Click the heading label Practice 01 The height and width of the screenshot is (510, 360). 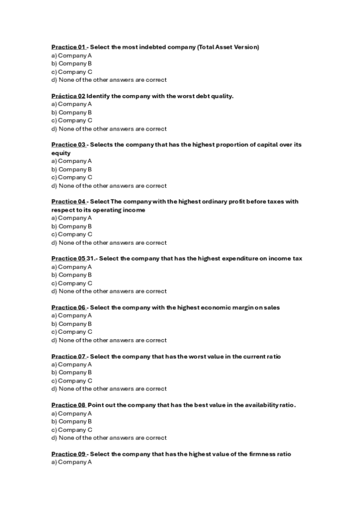coord(69,47)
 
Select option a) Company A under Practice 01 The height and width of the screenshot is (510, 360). coord(72,55)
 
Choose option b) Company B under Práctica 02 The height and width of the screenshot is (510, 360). coord(72,112)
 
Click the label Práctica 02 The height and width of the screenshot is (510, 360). coord(68,96)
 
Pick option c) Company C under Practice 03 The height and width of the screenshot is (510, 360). coord(72,177)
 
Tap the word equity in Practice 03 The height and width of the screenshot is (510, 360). coord(61,153)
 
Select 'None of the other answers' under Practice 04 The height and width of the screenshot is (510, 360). coord(109,243)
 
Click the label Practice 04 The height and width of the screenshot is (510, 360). coord(69,201)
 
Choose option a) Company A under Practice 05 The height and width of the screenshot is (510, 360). coord(72,267)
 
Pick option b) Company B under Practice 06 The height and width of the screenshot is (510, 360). coord(72,324)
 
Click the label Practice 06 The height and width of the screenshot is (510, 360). coord(69,307)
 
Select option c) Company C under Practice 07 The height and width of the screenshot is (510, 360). coord(72,381)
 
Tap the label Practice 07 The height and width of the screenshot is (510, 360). coord(69,357)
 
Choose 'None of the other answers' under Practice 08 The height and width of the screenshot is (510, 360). coord(109,438)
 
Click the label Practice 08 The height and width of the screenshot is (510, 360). coord(69,405)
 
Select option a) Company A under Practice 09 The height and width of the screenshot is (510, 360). coord(72,462)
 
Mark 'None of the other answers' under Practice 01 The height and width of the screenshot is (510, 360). coord(109,80)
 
